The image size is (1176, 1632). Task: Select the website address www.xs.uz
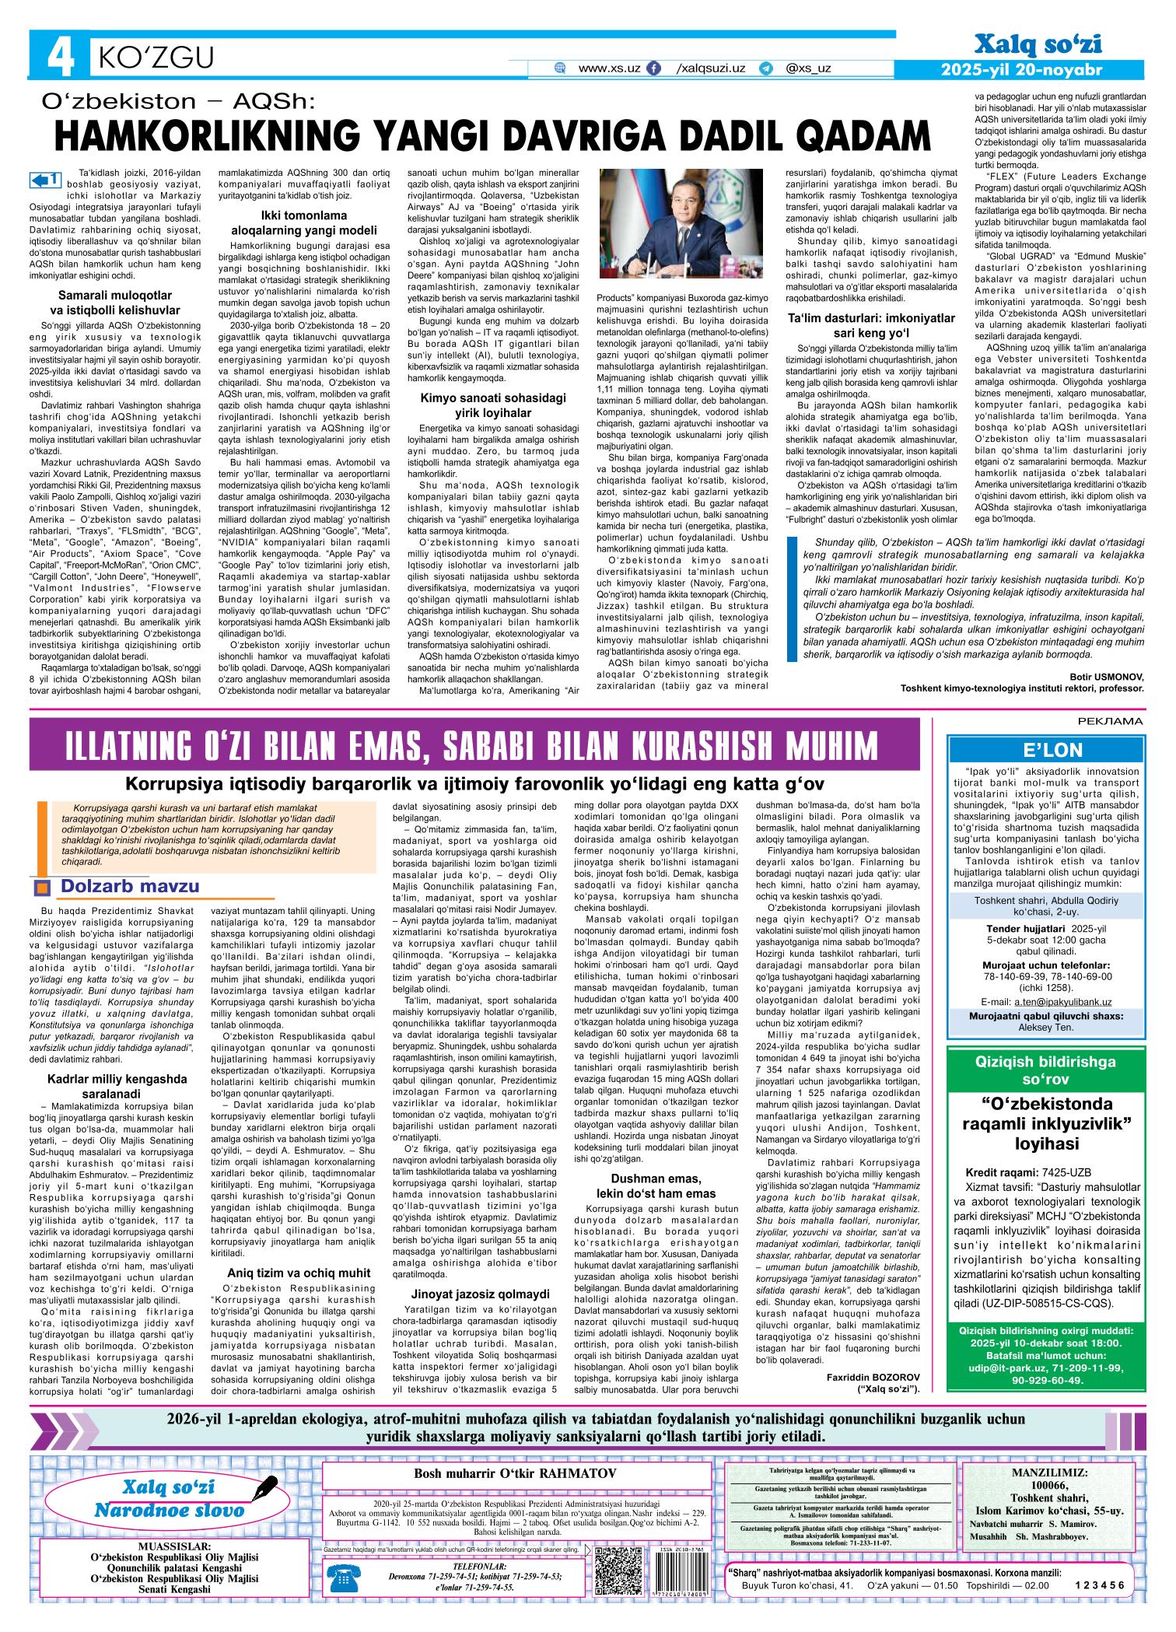[x=610, y=68]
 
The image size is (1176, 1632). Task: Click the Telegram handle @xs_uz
[x=808, y=68]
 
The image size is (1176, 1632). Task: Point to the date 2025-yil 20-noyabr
[x=1021, y=70]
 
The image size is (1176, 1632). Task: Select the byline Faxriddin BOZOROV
[x=873, y=1376]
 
